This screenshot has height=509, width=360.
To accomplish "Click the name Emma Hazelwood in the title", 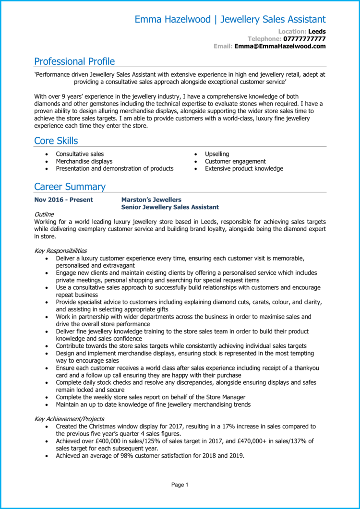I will tap(172, 20).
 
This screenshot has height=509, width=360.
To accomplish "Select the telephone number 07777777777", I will tap(304, 39).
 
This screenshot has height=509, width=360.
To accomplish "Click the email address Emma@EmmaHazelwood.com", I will tap(280, 46).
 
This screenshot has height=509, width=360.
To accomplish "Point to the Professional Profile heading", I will tap(74, 61).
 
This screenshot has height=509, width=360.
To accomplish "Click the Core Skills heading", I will tap(56, 141).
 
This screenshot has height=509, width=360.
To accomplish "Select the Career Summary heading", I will tap(70, 187).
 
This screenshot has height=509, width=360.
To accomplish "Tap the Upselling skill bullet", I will tap(217, 154).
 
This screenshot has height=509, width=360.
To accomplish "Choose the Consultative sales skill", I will tap(80, 154).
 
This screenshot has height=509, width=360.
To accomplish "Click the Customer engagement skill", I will tap(235, 161).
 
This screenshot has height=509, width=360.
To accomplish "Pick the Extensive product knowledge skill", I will tap(244, 168).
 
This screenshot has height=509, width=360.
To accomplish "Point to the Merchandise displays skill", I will tap(84, 161).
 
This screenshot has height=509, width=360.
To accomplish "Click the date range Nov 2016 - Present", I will tap(64, 200).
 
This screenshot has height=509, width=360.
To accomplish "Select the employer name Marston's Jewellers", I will tap(151, 200).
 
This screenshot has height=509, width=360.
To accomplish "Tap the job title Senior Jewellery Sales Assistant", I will tap(170, 207).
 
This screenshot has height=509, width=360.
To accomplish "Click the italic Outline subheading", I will tap(44, 214).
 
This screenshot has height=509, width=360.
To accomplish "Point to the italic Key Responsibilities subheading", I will tap(60, 250).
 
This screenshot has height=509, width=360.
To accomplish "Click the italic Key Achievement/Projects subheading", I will tap(69, 419).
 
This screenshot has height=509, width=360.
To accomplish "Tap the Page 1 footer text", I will tap(180, 485).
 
